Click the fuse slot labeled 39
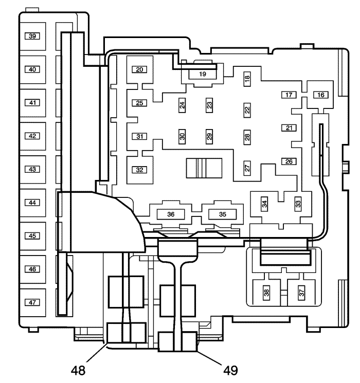[x=32, y=37]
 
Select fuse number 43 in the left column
[x=32, y=169]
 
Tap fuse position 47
[x=32, y=302]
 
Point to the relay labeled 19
[x=202, y=74]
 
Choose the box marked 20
[x=139, y=69]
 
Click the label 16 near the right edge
[x=321, y=95]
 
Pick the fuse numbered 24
[x=182, y=105]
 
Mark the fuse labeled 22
[x=247, y=110]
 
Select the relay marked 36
[x=171, y=214]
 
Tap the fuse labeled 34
[x=264, y=204]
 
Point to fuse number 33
[x=298, y=204]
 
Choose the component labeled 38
[x=266, y=294]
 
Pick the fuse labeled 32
[x=139, y=170]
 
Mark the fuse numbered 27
[x=247, y=168]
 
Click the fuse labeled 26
[x=289, y=161]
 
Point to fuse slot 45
[x=32, y=236]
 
